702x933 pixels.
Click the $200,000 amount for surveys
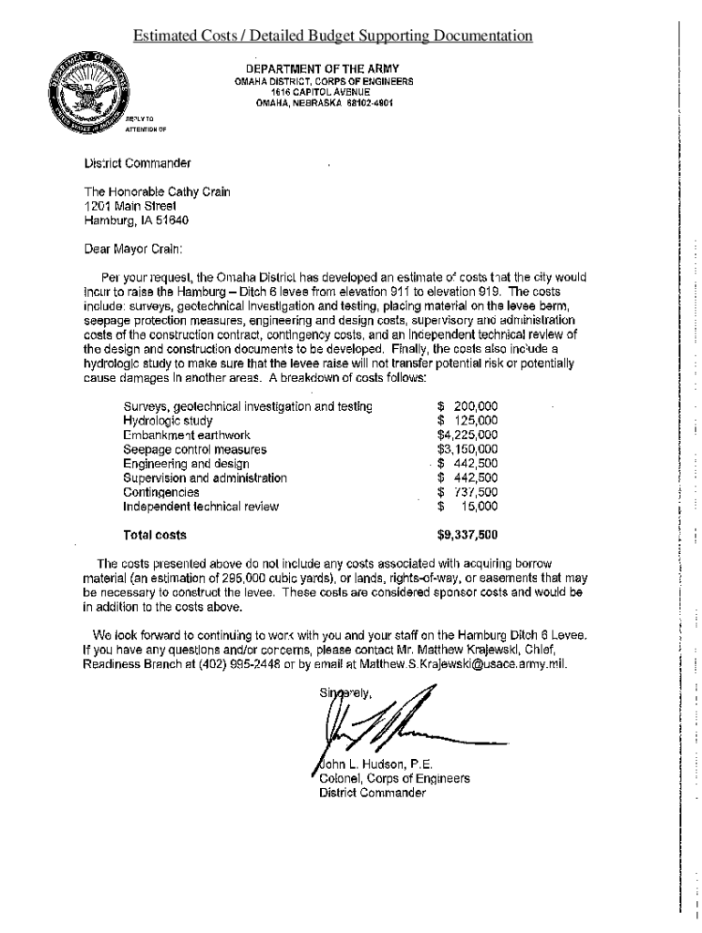[x=467, y=406]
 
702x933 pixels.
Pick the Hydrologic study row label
[x=168, y=421]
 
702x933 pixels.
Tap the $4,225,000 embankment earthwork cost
[x=467, y=436]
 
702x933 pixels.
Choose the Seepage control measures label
[x=194, y=449]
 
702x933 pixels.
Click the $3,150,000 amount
[x=467, y=449]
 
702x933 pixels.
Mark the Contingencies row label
[x=161, y=492]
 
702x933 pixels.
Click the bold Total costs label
[x=155, y=535]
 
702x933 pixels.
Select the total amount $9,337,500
[x=467, y=535]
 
